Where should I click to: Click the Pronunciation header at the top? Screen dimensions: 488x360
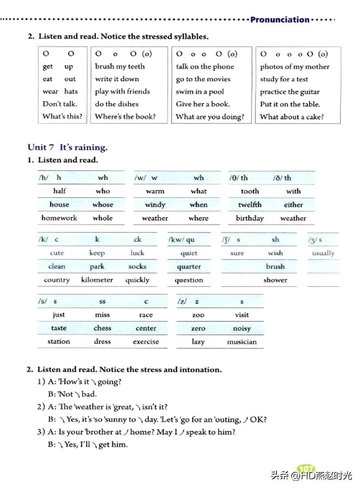pyautogui.click(x=279, y=20)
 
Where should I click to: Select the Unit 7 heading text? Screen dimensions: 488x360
pyautogui.click(x=67, y=147)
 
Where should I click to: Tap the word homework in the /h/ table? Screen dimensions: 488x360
pyautogui.click(x=59, y=218)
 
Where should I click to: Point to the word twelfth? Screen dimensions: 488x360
pyautogui.click(x=250, y=204)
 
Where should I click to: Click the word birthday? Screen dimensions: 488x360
pyautogui.click(x=250, y=218)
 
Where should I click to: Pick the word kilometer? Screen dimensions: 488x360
pyautogui.click(x=97, y=280)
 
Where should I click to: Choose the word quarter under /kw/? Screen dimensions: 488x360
pyautogui.click(x=189, y=266)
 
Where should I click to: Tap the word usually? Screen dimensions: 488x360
pyautogui.click(x=323, y=253)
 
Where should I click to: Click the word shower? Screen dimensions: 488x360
pyautogui.click(x=275, y=280)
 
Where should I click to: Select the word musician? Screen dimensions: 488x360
pyautogui.click(x=242, y=342)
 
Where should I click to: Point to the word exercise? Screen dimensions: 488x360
pyautogui.click(x=146, y=342)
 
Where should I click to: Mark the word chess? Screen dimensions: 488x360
pyautogui.click(x=102, y=328)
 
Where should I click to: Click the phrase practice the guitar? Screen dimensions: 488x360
pyautogui.click(x=290, y=92)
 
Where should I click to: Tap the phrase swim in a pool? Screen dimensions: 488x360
pyautogui.click(x=200, y=92)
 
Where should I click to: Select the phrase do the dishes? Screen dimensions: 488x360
pyautogui.click(x=117, y=104)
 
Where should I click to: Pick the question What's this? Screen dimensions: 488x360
pyautogui.click(x=62, y=116)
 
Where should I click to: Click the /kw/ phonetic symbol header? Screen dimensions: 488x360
pyautogui.click(x=181, y=240)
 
